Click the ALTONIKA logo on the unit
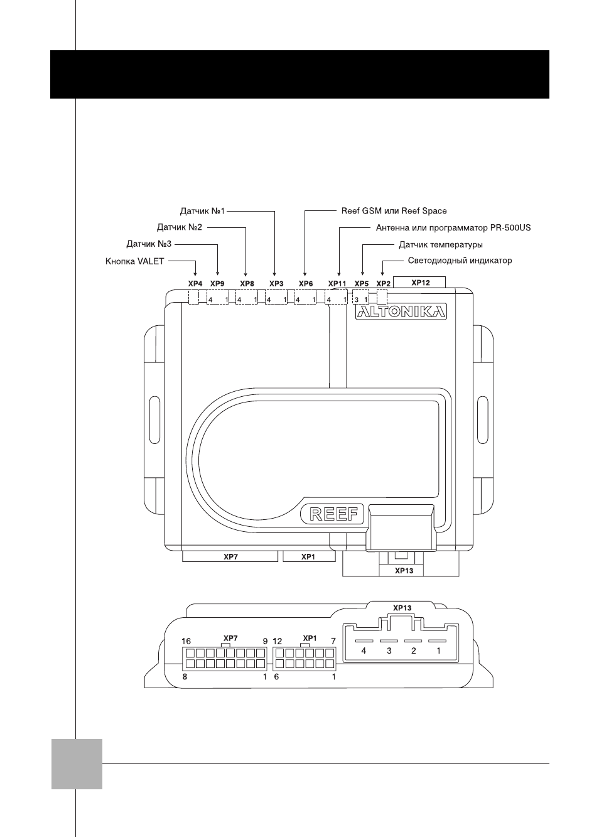coord(401,311)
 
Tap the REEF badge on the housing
coord(332,514)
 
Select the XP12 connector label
coord(421,283)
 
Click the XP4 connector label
coord(195,284)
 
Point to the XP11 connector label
coord(337,284)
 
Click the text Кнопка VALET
coord(134,261)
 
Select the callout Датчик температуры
coord(441,245)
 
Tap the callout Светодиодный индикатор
coord(460,261)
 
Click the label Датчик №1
coord(202,211)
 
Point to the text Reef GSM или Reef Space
coord(394,211)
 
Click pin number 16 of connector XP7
coord(186,641)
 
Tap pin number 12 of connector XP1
coord(277,641)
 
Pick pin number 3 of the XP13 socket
coord(389,651)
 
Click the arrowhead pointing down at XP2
coord(382,274)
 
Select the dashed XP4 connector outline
coord(193,298)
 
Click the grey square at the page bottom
coord(77,764)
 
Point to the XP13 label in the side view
coord(402,608)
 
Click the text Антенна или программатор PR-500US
coord(453,227)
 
